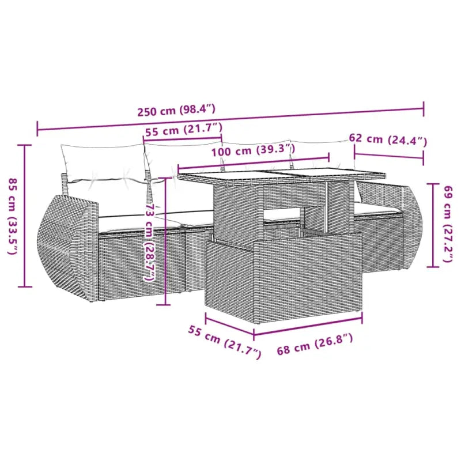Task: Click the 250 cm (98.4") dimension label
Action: [x=176, y=110]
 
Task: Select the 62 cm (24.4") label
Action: [x=388, y=139]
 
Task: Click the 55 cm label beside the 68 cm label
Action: [x=224, y=341]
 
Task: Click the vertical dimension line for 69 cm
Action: [x=432, y=225]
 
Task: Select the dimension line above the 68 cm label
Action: [x=308, y=326]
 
